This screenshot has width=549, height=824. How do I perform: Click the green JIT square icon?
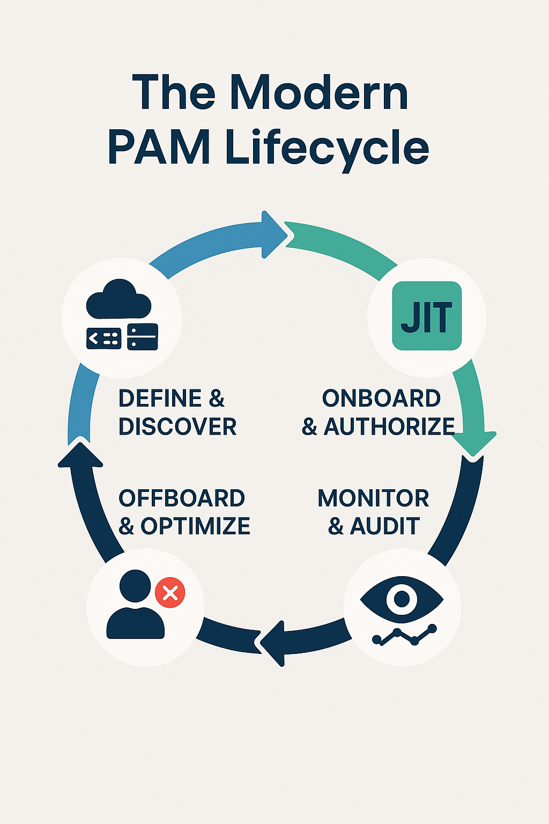click(x=427, y=316)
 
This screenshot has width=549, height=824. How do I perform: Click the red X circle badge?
click(x=170, y=593)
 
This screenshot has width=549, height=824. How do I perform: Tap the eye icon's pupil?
click(x=402, y=598)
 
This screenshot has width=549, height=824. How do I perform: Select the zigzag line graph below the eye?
click(x=405, y=636)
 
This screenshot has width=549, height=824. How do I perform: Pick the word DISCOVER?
click(x=177, y=427)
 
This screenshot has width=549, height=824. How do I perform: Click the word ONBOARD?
click(x=381, y=399)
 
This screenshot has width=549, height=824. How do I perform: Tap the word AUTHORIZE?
click(x=390, y=427)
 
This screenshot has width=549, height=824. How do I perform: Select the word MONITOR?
click(x=373, y=498)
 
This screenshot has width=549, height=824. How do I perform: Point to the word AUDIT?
click(x=384, y=526)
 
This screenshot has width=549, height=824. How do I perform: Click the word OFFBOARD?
click(x=181, y=498)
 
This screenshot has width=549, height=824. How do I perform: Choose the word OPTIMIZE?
click(x=195, y=526)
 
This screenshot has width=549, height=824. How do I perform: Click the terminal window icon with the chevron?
click(x=103, y=338)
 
